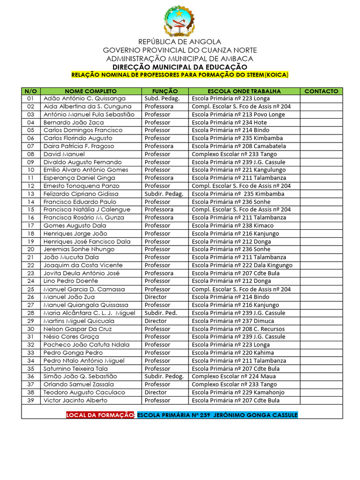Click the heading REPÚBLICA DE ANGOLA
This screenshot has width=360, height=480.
pyautogui.click(x=180, y=42)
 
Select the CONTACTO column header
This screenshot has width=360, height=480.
pyautogui.click(x=321, y=91)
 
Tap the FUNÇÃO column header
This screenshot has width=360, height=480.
pyautogui.click(x=165, y=91)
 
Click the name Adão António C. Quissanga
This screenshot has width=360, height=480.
pyautogui.click(x=84, y=98)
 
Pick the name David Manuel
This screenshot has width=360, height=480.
pyautogui.click(x=64, y=154)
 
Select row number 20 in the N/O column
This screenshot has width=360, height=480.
pyautogui.click(x=31, y=249)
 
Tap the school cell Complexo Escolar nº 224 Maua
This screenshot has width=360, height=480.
pyautogui.click(x=233, y=376)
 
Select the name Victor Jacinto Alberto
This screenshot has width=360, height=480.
pyautogui.click(x=75, y=400)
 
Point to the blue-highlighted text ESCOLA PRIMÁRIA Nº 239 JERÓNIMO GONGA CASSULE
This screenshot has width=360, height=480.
pyautogui.click(x=217, y=415)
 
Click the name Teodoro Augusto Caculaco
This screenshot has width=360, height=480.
pyautogui.click(x=84, y=392)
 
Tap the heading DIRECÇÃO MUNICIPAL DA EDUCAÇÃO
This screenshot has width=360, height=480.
pyautogui.click(x=180, y=67)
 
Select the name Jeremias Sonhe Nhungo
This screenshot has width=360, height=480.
pyautogui.click(x=79, y=249)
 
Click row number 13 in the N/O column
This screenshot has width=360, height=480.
pyautogui.click(x=31, y=194)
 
